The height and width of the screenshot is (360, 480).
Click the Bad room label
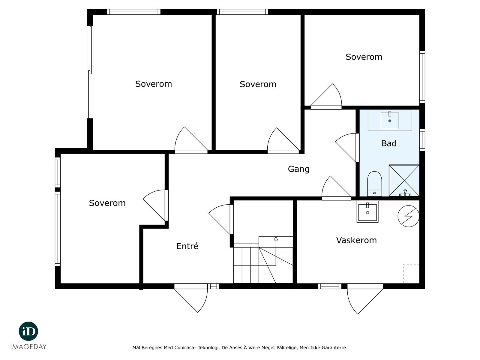point(388,143)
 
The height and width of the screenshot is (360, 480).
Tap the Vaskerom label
point(356,240)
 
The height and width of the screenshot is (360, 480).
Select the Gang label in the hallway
point(298,169)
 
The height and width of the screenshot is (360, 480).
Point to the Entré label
point(187,246)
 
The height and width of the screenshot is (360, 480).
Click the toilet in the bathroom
point(374,184)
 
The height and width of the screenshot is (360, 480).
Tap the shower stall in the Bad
point(404,181)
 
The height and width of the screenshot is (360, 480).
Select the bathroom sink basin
point(390,121)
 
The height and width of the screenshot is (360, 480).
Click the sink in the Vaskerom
point(367,212)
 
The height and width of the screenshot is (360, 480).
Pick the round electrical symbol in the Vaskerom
point(408,216)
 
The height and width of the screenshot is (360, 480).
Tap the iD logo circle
point(28,331)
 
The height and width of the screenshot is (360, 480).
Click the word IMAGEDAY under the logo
point(28,347)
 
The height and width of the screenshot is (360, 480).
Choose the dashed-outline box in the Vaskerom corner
point(411,273)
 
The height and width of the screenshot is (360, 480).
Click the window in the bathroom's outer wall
point(422,140)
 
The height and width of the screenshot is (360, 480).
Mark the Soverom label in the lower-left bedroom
point(107,203)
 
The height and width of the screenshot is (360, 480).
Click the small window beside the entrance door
point(213,286)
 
